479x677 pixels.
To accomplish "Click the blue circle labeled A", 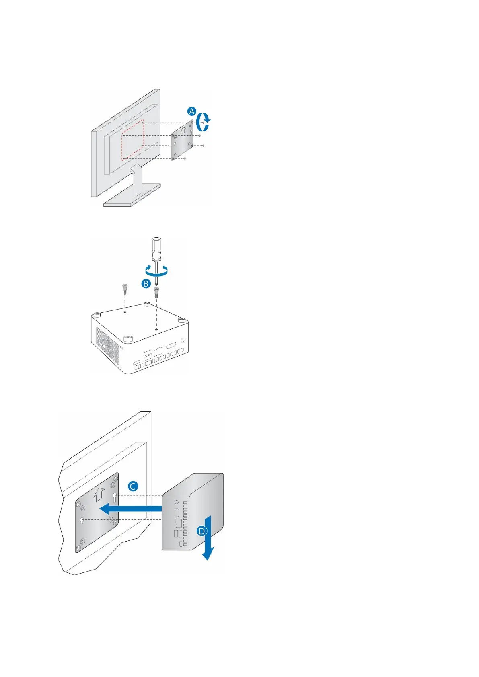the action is pos(192,111).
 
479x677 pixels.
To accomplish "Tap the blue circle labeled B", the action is pos(146,283).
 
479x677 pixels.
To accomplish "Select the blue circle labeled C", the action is pos(133,486).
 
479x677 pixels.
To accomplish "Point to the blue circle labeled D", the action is pos(201,531).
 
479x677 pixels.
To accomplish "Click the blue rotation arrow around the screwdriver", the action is pos(157,272).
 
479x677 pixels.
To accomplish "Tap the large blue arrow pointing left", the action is pos(129,509).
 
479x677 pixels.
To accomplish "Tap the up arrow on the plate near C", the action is pos(99,494).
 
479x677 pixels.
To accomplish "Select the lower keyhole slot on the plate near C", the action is pos(82,521).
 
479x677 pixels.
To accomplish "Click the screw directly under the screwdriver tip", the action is pos(156,291).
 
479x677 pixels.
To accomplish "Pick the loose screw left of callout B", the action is pos(125,288).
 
